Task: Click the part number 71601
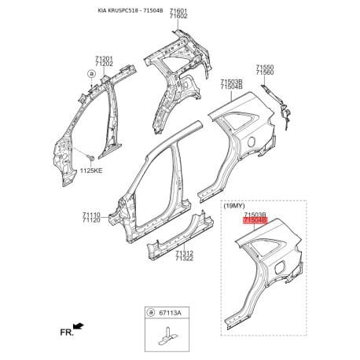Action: (178, 11)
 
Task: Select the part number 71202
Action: (104, 64)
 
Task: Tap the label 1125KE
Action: (91, 171)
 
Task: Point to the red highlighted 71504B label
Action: (255, 221)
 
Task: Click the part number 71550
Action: (265, 68)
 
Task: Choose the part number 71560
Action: (265, 72)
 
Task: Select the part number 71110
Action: (91, 215)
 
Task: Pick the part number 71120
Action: (91, 220)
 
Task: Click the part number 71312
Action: (185, 253)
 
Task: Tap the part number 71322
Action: (185, 259)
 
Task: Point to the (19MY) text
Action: (234, 206)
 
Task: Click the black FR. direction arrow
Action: (79, 326)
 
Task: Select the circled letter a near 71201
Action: (91, 74)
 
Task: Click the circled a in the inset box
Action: (151, 312)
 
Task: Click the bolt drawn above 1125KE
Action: (91, 158)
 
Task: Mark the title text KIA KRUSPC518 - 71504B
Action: (130, 11)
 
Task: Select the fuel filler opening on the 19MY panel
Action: (279, 267)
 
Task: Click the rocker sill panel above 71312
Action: (180, 235)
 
